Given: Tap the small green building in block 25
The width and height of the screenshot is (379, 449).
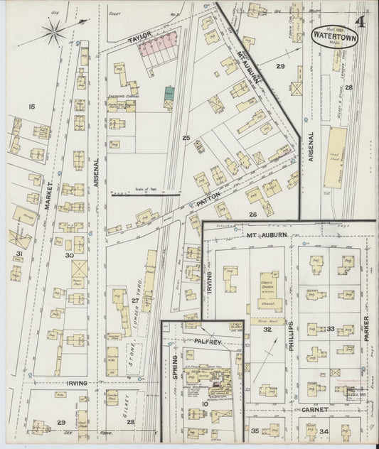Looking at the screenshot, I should (x=169, y=92).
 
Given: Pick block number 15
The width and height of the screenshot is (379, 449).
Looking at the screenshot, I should (x=31, y=107).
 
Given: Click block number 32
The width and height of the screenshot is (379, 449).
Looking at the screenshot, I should (x=267, y=329).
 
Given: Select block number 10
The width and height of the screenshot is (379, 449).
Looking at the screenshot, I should (x=205, y=404).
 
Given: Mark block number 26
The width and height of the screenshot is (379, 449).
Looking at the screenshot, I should (x=252, y=214).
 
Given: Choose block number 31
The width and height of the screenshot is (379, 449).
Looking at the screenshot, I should (x=20, y=254).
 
